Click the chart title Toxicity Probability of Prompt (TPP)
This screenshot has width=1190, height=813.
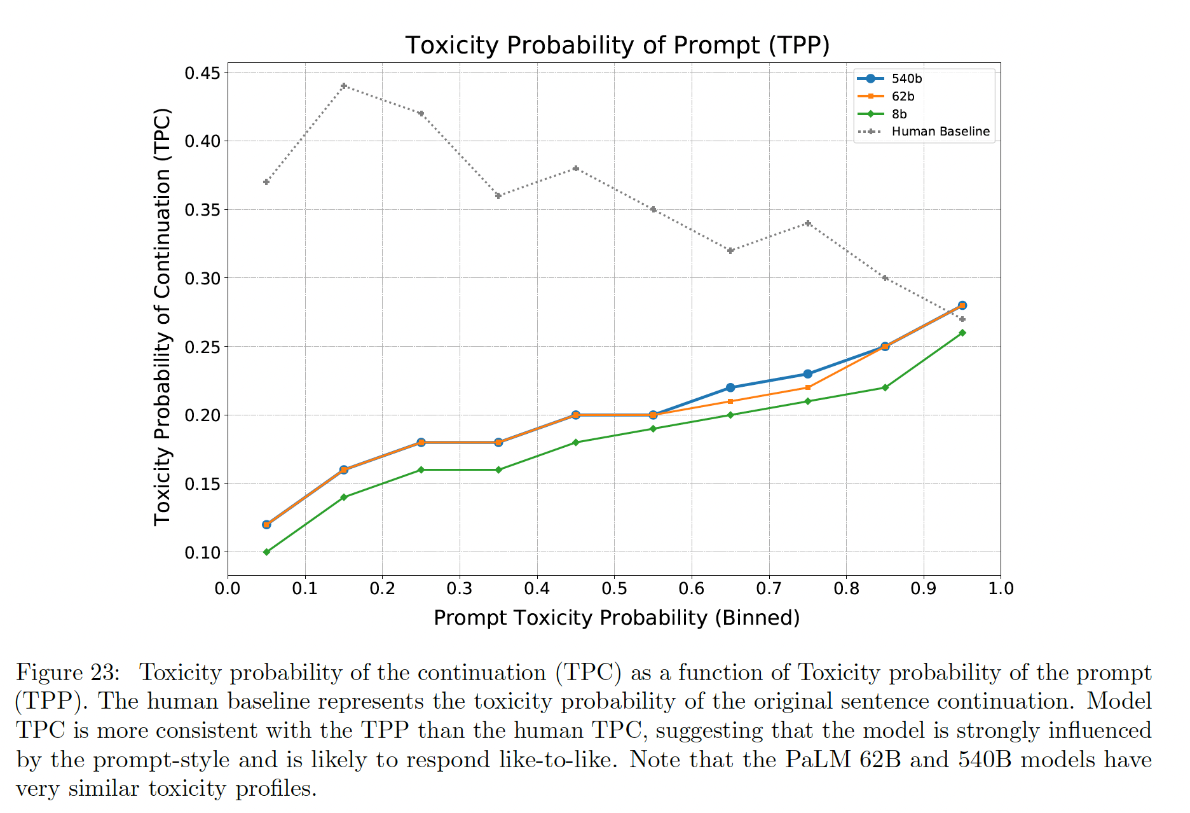(617, 46)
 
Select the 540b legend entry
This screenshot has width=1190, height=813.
(906, 79)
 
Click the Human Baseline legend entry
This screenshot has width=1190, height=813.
(940, 132)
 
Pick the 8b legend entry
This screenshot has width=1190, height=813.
(899, 115)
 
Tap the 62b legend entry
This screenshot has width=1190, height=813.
(903, 97)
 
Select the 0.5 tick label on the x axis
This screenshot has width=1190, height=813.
(614, 588)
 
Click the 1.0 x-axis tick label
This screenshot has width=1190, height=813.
(1001, 588)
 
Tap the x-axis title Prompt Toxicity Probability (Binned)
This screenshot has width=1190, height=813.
(617, 618)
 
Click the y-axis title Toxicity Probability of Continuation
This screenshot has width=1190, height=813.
(163, 316)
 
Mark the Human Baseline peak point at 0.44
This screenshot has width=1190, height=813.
(344, 86)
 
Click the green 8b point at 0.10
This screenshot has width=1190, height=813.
(266, 552)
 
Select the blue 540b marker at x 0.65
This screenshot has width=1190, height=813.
(730, 387)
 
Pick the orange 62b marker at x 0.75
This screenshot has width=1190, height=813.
(808, 387)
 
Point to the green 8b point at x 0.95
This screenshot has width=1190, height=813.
(962, 333)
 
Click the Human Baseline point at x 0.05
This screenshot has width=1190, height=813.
(266, 182)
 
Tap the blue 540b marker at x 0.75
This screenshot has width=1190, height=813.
(808, 374)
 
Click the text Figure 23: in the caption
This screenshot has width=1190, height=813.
(67, 672)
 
